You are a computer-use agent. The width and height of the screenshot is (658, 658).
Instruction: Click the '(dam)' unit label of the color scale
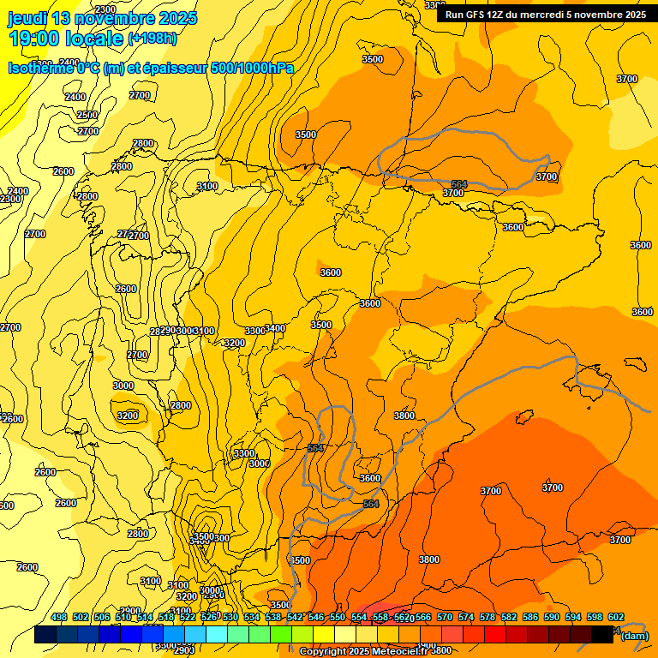pyautogui.click(x=634, y=635)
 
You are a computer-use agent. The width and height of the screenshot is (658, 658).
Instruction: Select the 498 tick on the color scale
pyautogui.click(x=59, y=618)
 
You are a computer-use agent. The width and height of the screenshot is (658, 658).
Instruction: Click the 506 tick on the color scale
pyautogui.click(x=102, y=618)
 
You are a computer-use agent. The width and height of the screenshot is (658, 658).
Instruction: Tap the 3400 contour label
pyautogui.click(x=275, y=328)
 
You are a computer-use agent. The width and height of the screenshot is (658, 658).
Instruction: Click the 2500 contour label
pyautogui.click(x=87, y=115)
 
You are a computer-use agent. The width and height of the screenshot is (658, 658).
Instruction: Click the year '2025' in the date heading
pyautogui.click(x=177, y=18)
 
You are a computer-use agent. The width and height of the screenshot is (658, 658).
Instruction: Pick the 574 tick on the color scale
pyautogui.click(x=466, y=618)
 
